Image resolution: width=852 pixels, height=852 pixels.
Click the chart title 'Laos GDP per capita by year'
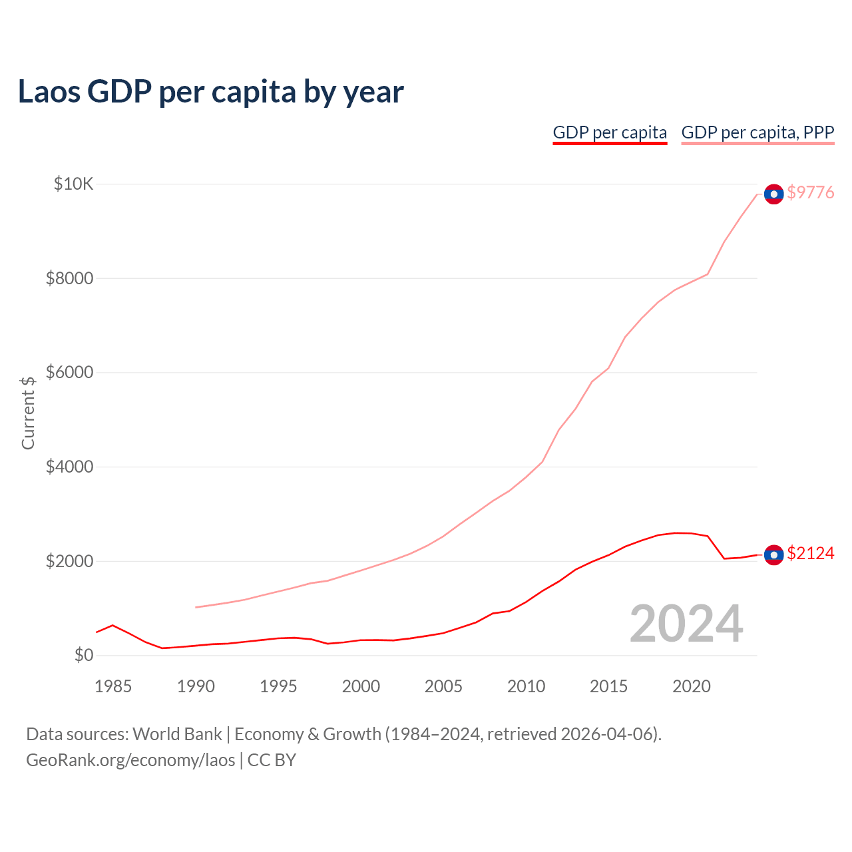210,92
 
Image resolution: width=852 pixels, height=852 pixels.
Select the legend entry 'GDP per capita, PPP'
757,132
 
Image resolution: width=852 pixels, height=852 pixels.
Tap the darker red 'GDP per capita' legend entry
610,132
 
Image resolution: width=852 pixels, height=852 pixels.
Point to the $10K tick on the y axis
73,184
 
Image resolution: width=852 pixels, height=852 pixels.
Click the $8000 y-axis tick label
69,278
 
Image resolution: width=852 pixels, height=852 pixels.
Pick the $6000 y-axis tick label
69,372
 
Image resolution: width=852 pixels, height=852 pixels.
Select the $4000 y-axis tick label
69,467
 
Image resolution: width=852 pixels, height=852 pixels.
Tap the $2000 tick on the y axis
69,561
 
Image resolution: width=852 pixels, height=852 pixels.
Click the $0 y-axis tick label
83,655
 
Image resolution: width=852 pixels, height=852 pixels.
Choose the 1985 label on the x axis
113,686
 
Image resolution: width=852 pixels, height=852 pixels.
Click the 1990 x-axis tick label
196,686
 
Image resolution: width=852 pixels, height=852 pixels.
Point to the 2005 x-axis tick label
443,686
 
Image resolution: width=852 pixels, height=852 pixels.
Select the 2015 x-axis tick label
608,686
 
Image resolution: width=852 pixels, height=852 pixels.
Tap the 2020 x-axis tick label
692,686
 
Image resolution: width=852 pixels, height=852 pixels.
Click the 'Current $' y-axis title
28,413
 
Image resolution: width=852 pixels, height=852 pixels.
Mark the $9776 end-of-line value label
810,192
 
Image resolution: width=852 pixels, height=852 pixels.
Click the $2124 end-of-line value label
810,553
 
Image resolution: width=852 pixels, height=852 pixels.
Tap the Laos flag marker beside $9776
773,194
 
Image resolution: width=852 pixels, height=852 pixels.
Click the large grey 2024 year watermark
686,624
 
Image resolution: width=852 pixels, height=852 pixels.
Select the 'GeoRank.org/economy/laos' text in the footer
130,760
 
